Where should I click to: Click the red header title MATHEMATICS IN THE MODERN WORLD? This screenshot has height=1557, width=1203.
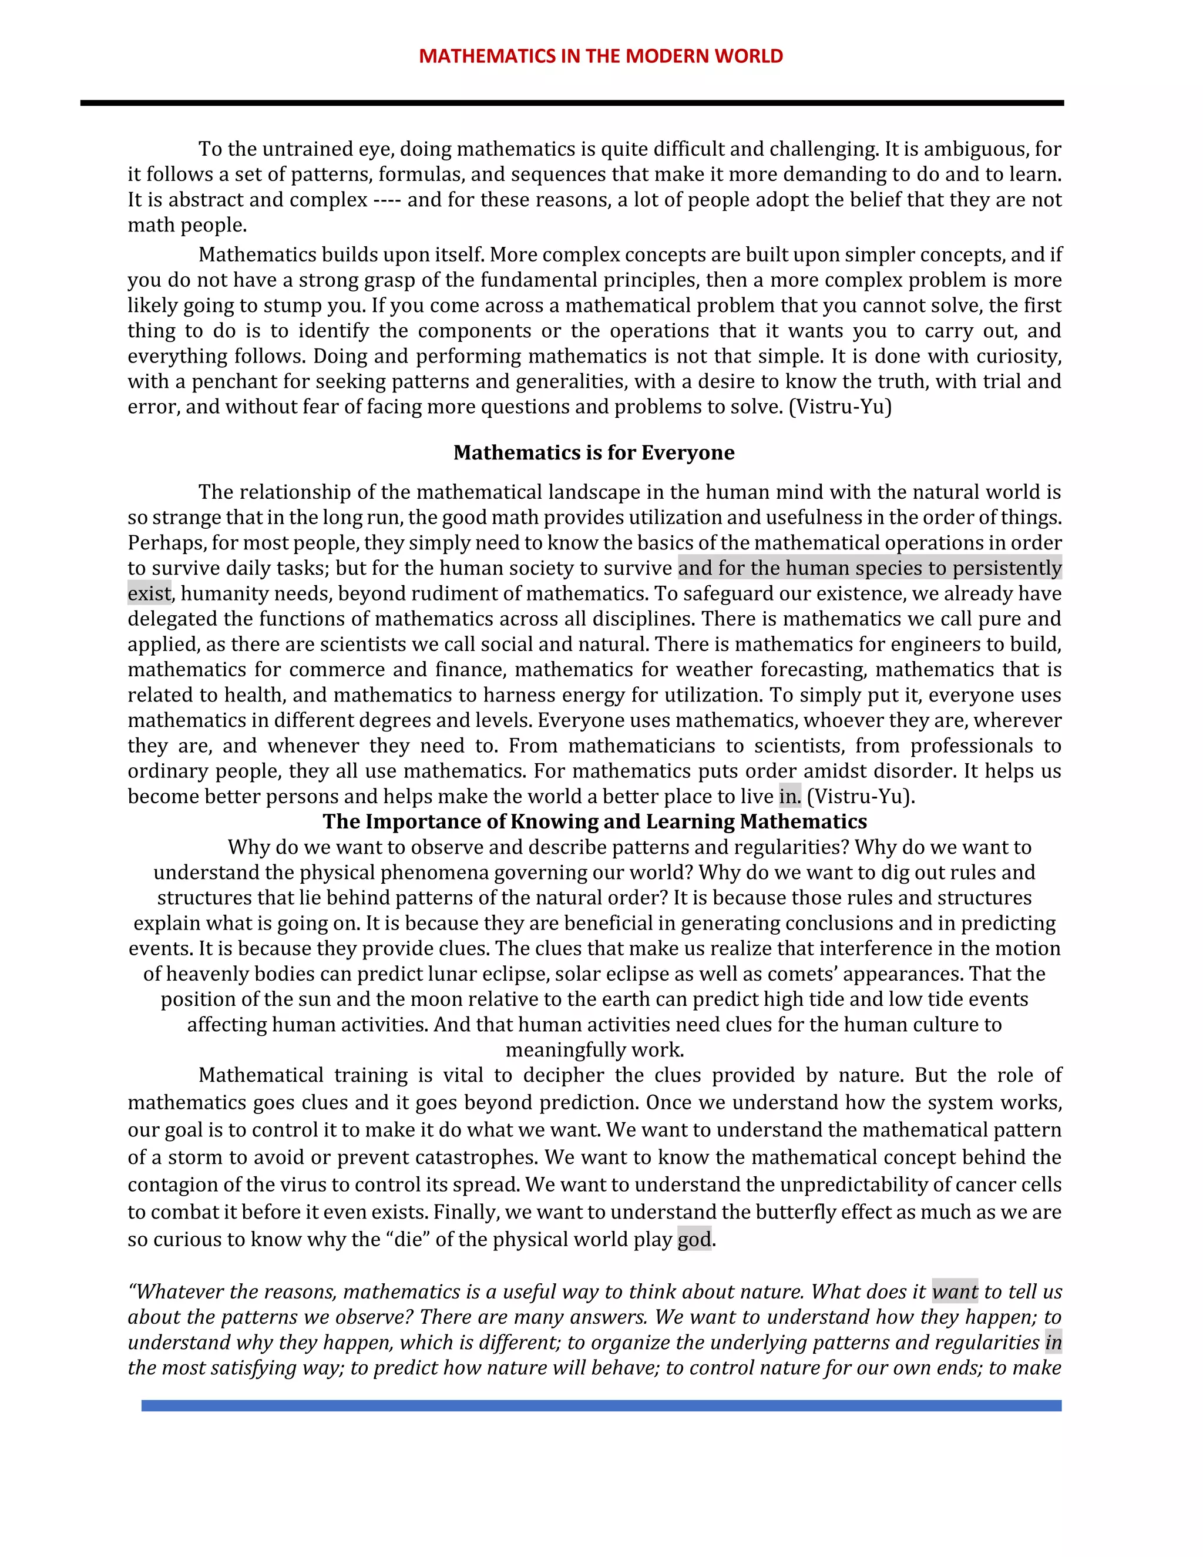click(600, 56)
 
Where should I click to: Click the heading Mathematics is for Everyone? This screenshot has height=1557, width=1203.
click(594, 452)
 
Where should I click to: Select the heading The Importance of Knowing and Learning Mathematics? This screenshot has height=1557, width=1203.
click(594, 821)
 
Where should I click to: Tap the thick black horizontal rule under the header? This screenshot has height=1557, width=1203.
click(572, 103)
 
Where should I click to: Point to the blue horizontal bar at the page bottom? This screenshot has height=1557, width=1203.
click(601, 1405)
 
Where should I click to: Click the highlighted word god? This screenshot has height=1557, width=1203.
click(694, 1239)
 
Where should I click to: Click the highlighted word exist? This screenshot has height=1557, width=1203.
click(149, 593)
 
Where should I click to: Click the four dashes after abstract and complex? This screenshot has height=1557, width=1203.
click(387, 200)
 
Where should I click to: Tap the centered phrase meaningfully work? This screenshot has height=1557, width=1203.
click(594, 1049)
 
